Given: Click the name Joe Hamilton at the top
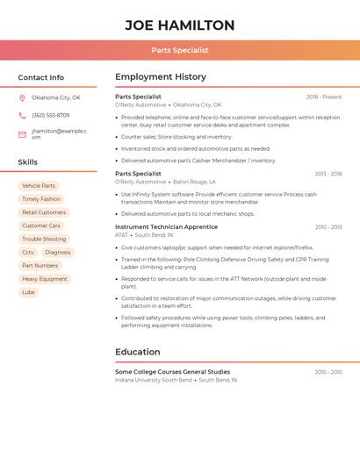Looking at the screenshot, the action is click(x=179, y=25).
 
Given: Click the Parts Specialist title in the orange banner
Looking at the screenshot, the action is click(x=179, y=51).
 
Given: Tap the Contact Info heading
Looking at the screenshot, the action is click(x=40, y=77).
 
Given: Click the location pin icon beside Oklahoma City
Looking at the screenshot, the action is click(x=22, y=97).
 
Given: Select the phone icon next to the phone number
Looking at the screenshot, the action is click(x=22, y=115).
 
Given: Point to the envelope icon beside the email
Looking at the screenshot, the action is click(x=22, y=134).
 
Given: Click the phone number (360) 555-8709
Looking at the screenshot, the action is click(x=50, y=115).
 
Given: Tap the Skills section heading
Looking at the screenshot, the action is click(x=27, y=162).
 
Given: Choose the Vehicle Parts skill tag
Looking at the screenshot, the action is click(x=38, y=186).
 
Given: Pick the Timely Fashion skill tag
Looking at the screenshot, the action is click(x=41, y=199).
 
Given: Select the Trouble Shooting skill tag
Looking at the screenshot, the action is click(x=44, y=239).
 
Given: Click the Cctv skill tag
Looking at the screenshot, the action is click(x=28, y=252).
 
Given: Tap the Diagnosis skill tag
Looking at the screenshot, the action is click(x=58, y=252).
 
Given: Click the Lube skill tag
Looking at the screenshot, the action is click(x=28, y=292).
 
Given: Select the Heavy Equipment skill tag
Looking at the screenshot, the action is click(x=45, y=279).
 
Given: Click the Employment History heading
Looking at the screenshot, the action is click(x=161, y=77).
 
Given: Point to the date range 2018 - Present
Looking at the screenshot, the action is click(x=324, y=97).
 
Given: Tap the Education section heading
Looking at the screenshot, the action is click(x=137, y=352).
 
